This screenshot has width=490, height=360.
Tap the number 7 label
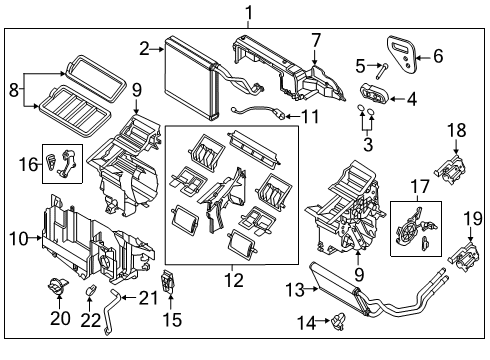tap(315, 40)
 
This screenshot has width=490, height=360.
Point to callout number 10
tap(17, 239)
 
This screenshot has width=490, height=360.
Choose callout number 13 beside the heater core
tap(293, 289)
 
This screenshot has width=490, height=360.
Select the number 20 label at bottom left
tap(52, 319)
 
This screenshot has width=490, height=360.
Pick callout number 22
tap(91, 320)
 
